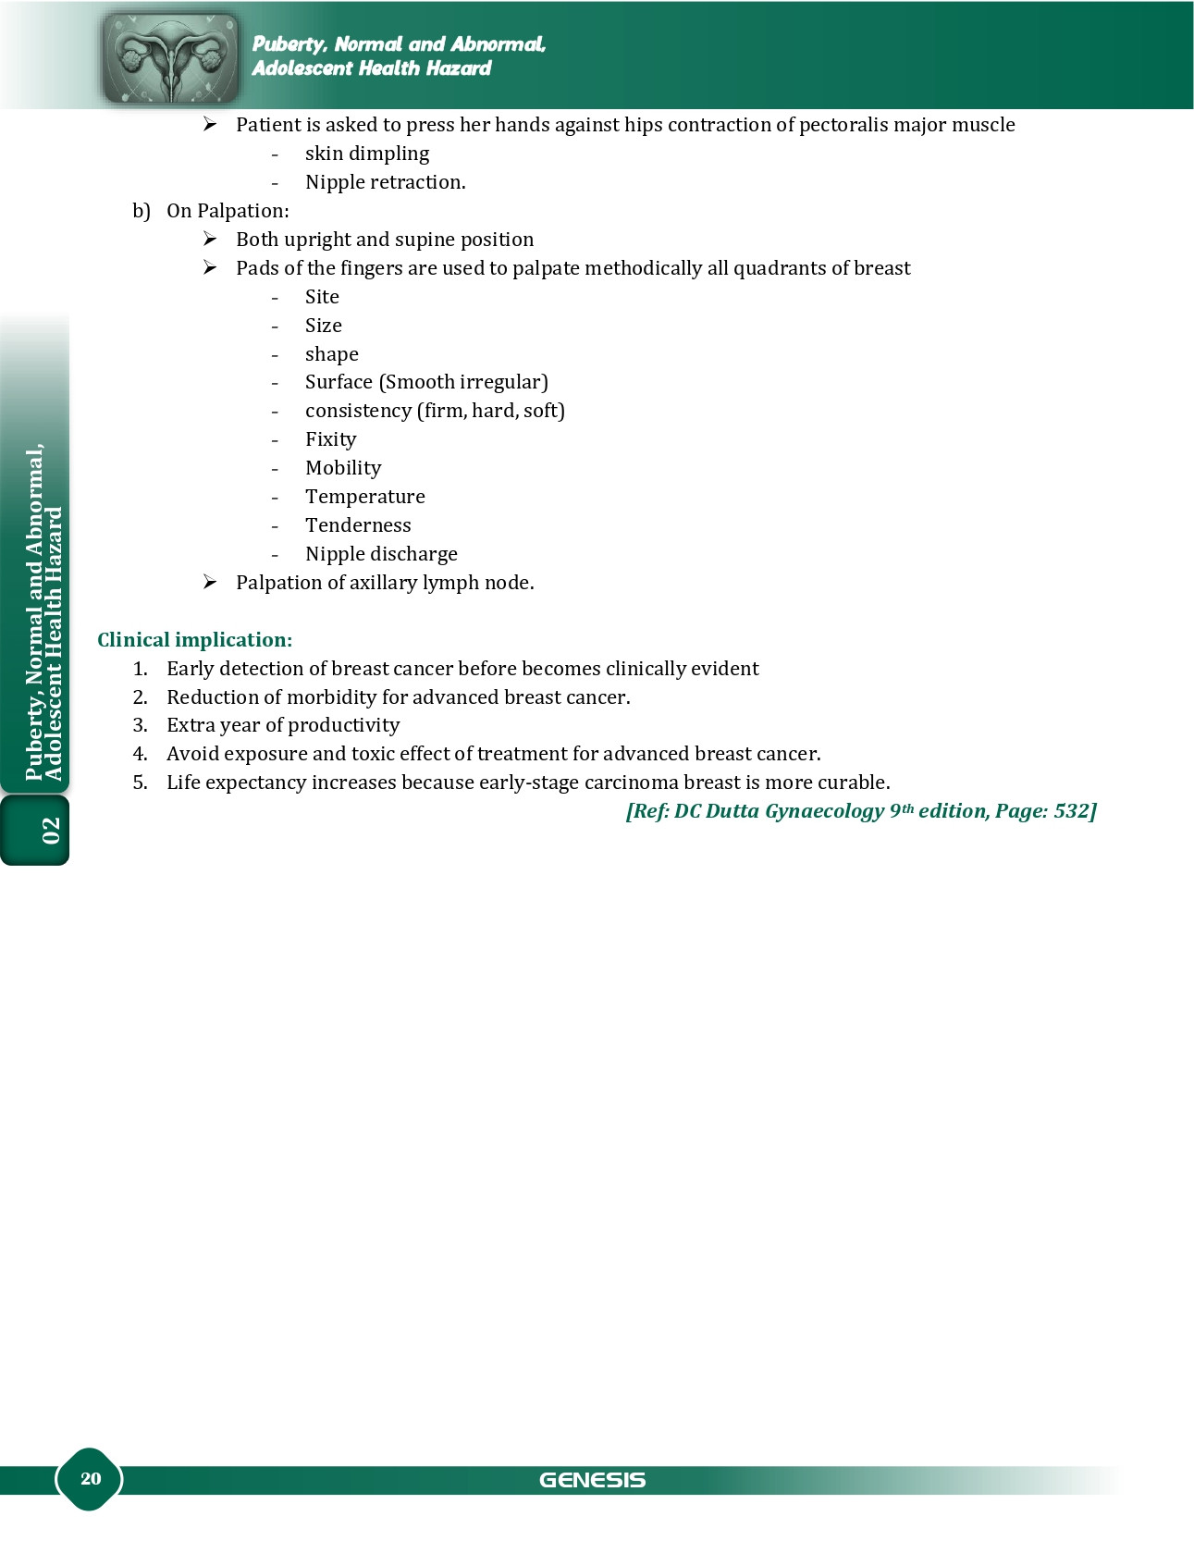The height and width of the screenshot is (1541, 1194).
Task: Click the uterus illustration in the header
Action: pos(171,57)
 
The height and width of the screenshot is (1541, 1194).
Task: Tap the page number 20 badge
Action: pos(90,1478)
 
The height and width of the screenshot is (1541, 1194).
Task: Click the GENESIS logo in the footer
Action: pos(592,1480)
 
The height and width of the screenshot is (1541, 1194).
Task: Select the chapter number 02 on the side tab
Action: pos(50,830)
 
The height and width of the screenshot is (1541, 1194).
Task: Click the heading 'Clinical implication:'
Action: pos(194,640)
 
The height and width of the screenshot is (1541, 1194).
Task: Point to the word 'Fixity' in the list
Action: pos(330,439)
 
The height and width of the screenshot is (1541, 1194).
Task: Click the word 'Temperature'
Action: pos(365,497)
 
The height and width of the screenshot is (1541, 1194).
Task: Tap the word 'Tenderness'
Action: pos(358,525)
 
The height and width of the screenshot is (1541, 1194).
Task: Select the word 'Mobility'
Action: pos(343,468)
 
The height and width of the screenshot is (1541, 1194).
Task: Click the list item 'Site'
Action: pos(322,297)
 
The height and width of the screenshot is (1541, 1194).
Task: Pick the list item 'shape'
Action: pos(331,354)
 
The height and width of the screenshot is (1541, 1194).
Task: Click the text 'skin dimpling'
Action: pos(367,154)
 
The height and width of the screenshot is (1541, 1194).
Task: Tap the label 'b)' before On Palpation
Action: pos(141,211)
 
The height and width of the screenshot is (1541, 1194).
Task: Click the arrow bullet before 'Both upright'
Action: pos(210,240)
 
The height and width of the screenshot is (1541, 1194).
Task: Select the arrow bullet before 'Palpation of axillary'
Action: pos(210,583)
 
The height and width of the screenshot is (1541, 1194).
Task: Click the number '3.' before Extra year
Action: pos(140,725)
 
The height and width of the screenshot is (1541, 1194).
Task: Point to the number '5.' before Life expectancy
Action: pos(140,783)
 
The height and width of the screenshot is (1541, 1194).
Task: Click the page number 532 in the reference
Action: pos(1071,811)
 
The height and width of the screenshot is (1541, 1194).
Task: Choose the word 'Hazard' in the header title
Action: pos(459,68)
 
